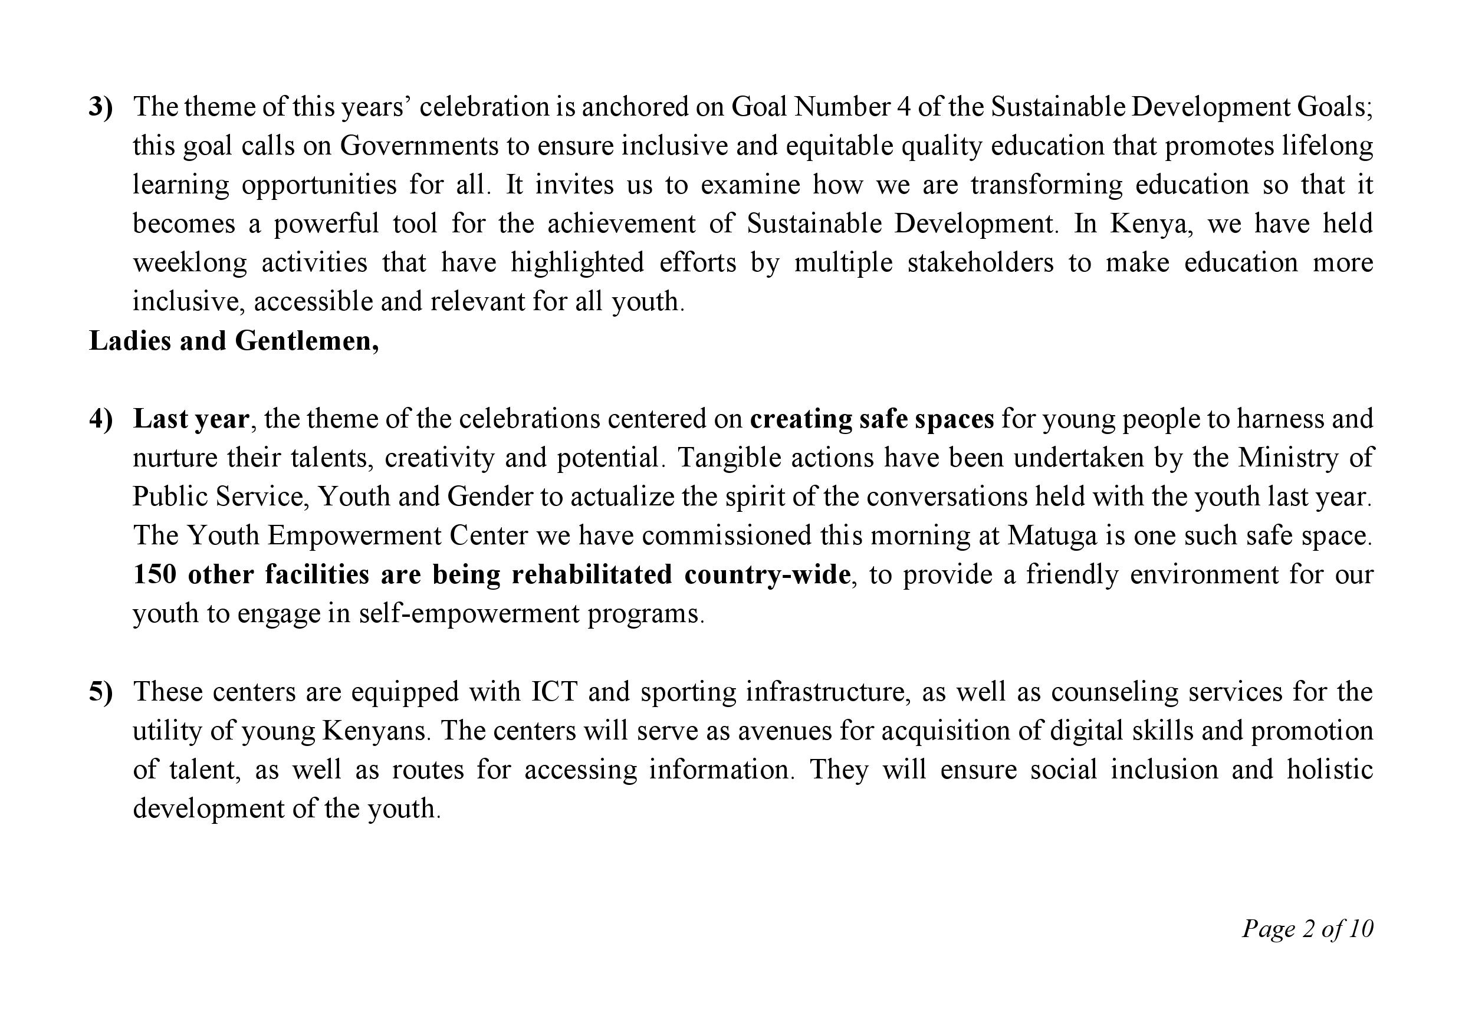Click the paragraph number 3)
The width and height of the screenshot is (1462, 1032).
pos(101,107)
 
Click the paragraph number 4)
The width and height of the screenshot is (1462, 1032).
pos(101,419)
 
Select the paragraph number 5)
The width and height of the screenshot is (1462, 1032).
pos(101,692)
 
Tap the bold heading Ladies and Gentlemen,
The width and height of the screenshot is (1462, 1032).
pos(234,341)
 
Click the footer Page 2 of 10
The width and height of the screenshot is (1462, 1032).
pos(1307,929)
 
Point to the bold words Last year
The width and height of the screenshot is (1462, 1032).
pos(191,419)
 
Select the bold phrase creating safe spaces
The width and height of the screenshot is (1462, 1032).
pos(872,419)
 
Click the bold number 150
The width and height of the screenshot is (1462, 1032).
pos(154,574)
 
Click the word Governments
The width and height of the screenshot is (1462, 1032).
pos(419,146)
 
